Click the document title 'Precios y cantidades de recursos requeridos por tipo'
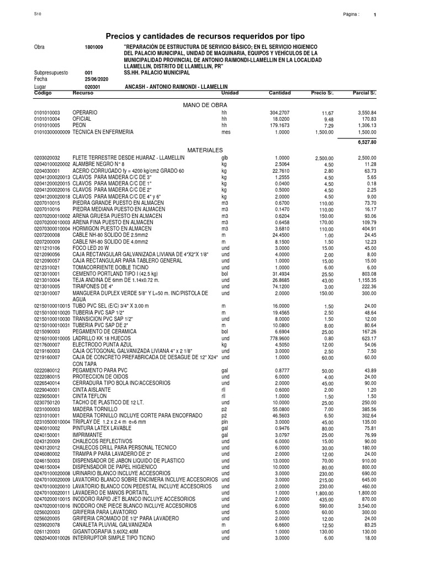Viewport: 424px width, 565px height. coord(212,35)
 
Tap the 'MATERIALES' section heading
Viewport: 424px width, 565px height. coord(205,150)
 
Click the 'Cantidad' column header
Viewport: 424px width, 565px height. coord(279,93)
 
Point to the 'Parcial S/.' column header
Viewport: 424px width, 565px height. coord(364,93)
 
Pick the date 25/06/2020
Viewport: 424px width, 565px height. coord(97,79)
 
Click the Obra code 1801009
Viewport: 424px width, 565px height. coord(94,47)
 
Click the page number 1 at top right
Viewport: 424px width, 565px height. coord(375,15)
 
